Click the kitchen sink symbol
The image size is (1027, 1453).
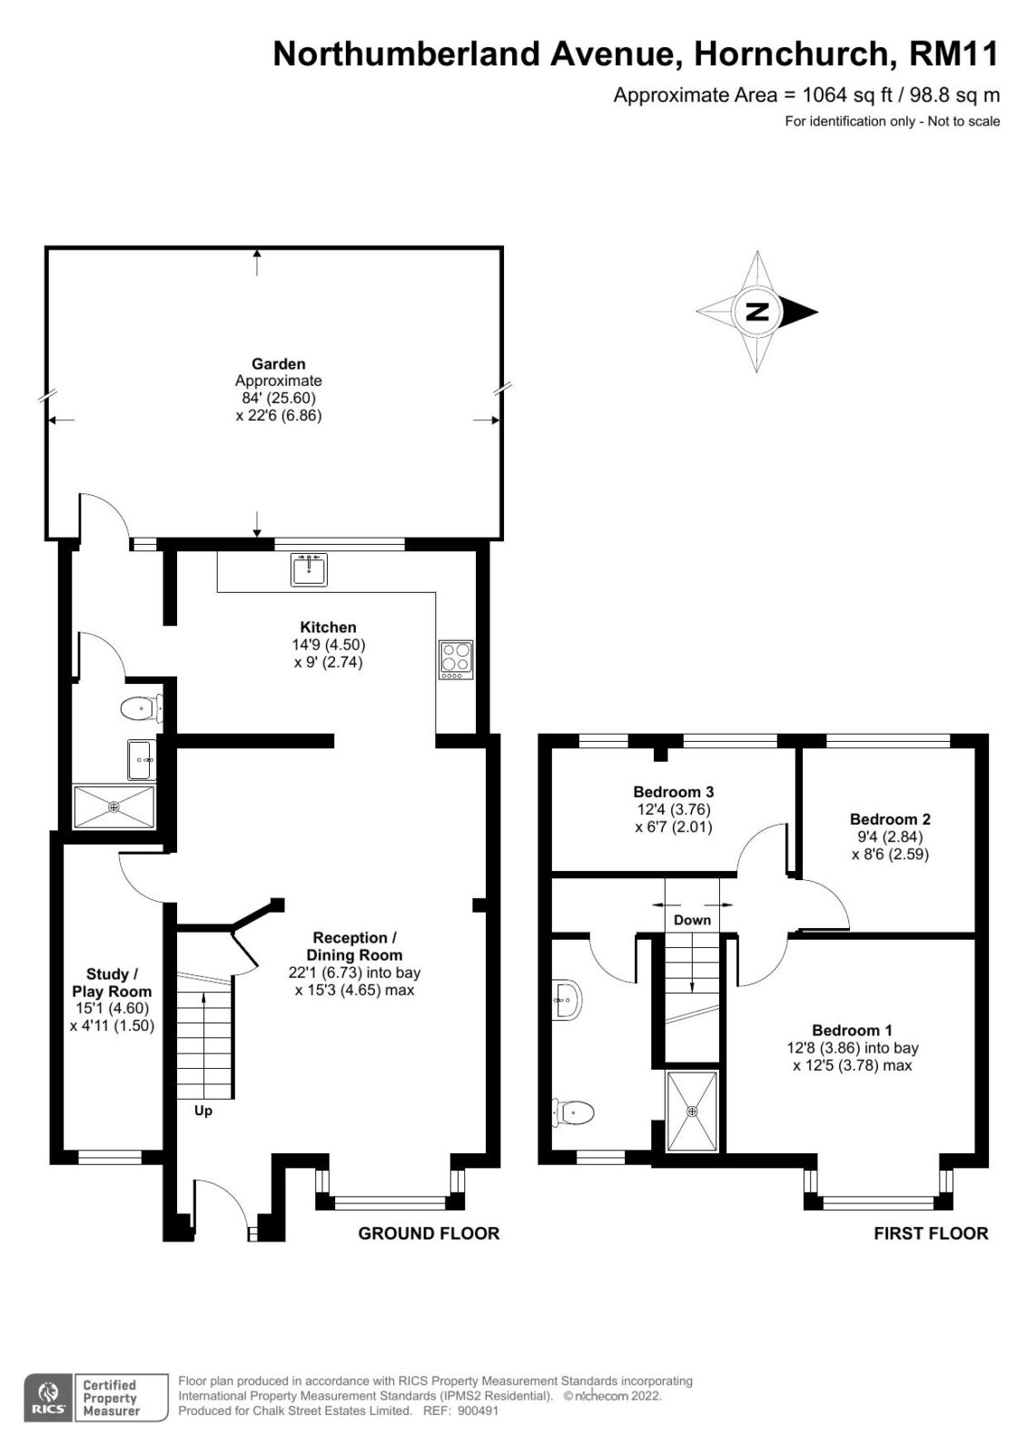click(x=309, y=569)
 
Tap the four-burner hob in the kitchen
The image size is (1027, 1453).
click(x=456, y=659)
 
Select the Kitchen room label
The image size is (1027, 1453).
click(x=328, y=628)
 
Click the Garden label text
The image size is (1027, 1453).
click(x=279, y=364)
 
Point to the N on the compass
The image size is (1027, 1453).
click(x=757, y=312)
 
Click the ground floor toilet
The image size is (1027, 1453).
click(x=141, y=708)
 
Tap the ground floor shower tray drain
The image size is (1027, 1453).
click(x=114, y=807)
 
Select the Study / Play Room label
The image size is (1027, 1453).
click(x=112, y=983)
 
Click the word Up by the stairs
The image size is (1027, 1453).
click(x=203, y=1112)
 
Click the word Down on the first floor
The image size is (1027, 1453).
click(x=692, y=920)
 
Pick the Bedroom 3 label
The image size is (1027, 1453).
click(x=674, y=791)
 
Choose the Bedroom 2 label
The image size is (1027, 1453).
click(x=890, y=819)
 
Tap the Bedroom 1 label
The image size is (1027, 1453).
click(x=852, y=1030)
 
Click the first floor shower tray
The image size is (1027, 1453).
click(x=693, y=1112)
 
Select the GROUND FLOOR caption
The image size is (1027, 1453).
click(x=429, y=1233)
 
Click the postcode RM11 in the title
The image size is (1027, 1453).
click(x=953, y=54)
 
